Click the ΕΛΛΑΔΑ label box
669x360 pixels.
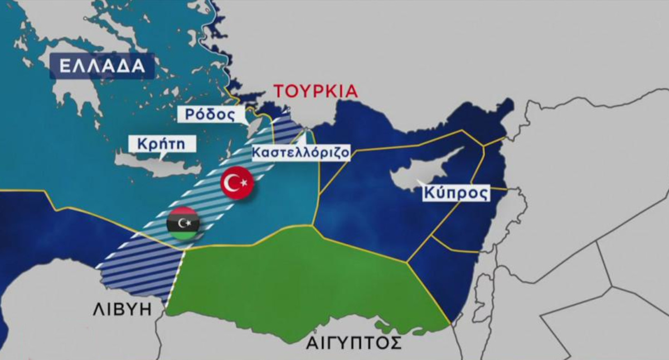tap(102, 66)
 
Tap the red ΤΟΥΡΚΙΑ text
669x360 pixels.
tap(315, 91)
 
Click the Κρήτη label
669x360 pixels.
tap(162, 144)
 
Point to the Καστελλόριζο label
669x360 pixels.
tap(300, 152)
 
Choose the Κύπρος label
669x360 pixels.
tap(455, 193)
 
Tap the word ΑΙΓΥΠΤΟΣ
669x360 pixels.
tap(353, 342)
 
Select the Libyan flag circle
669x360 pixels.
tap(182, 223)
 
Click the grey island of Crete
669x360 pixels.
tap(151, 162)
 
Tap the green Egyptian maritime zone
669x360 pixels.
tap(301, 279)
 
